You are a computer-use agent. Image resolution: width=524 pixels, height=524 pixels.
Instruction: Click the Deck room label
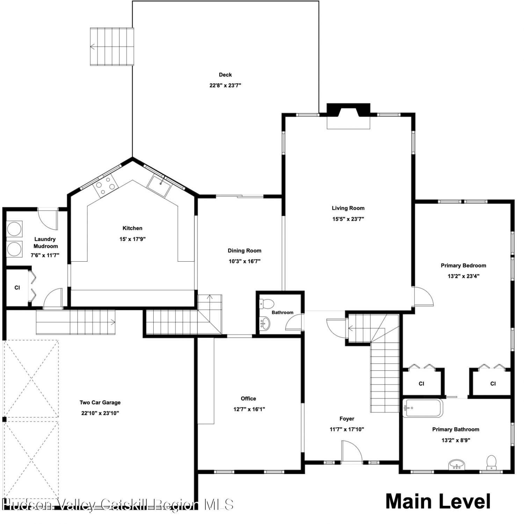click(225, 74)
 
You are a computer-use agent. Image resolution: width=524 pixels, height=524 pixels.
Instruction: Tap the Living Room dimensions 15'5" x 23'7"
click(348, 219)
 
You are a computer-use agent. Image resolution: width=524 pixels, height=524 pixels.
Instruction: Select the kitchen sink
click(159, 185)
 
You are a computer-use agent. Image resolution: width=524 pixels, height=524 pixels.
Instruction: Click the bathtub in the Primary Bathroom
click(423, 408)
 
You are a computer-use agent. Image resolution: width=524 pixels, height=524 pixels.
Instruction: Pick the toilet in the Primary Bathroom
click(492, 462)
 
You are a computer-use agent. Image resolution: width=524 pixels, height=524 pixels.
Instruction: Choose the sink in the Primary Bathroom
click(457, 465)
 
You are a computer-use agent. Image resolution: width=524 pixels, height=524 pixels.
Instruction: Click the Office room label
click(248, 399)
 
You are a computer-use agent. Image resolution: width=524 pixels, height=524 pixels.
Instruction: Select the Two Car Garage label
click(100, 402)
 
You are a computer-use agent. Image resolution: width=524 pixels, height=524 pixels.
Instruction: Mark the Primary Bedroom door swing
click(423, 297)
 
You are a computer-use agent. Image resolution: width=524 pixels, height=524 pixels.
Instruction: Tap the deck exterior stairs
click(112, 46)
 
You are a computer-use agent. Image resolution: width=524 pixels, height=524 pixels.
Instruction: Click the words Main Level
click(438, 501)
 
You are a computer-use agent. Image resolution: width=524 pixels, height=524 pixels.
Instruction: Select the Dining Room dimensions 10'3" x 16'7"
click(245, 261)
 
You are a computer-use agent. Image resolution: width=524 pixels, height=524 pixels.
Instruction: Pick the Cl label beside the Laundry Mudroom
click(17, 288)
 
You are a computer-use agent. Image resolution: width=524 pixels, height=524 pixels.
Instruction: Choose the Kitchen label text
click(132, 228)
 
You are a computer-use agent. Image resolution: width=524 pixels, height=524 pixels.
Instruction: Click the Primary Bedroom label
click(463, 265)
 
